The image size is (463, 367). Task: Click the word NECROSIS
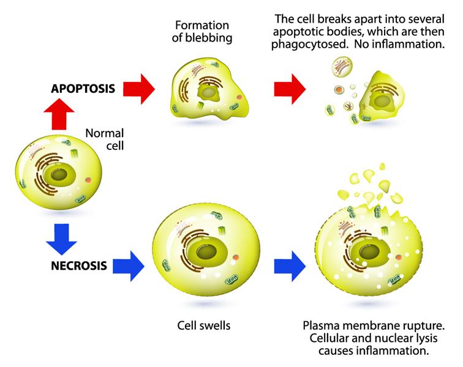click(79, 265)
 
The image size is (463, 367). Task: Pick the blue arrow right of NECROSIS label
click(130, 266)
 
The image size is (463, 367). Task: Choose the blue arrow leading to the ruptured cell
click(290, 266)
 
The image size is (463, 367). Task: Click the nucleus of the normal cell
click(60, 175)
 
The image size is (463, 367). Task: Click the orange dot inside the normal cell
click(89, 181)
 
